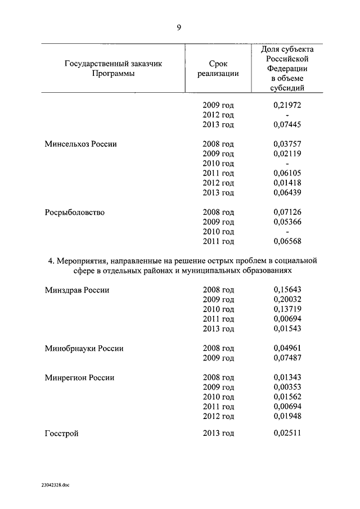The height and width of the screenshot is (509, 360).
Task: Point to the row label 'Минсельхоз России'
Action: (x=80, y=144)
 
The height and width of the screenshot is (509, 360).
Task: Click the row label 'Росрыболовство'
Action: (x=75, y=213)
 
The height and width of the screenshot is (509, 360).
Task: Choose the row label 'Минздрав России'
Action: (x=77, y=290)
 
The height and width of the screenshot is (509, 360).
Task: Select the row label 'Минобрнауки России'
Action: (x=84, y=349)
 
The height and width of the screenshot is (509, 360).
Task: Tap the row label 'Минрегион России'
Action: (x=79, y=378)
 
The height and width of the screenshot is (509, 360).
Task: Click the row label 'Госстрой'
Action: (x=61, y=434)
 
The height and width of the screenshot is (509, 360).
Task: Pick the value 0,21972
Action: (x=287, y=105)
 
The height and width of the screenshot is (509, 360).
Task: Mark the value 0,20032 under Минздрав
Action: (x=287, y=300)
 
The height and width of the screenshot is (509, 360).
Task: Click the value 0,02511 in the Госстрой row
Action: (x=287, y=434)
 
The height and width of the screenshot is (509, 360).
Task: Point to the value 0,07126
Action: (x=287, y=213)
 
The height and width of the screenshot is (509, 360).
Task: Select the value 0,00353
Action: (x=287, y=388)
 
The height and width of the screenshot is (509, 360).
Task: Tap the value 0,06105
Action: (x=287, y=173)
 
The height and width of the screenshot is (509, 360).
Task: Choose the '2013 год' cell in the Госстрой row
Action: (x=218, y=434)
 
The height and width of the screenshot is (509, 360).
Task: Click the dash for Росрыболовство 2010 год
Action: (x=287, y=232)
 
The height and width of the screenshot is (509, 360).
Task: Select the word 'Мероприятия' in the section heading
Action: (x=79, y=261)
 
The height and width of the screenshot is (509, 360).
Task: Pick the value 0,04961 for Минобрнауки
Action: (x=287, y=349)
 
